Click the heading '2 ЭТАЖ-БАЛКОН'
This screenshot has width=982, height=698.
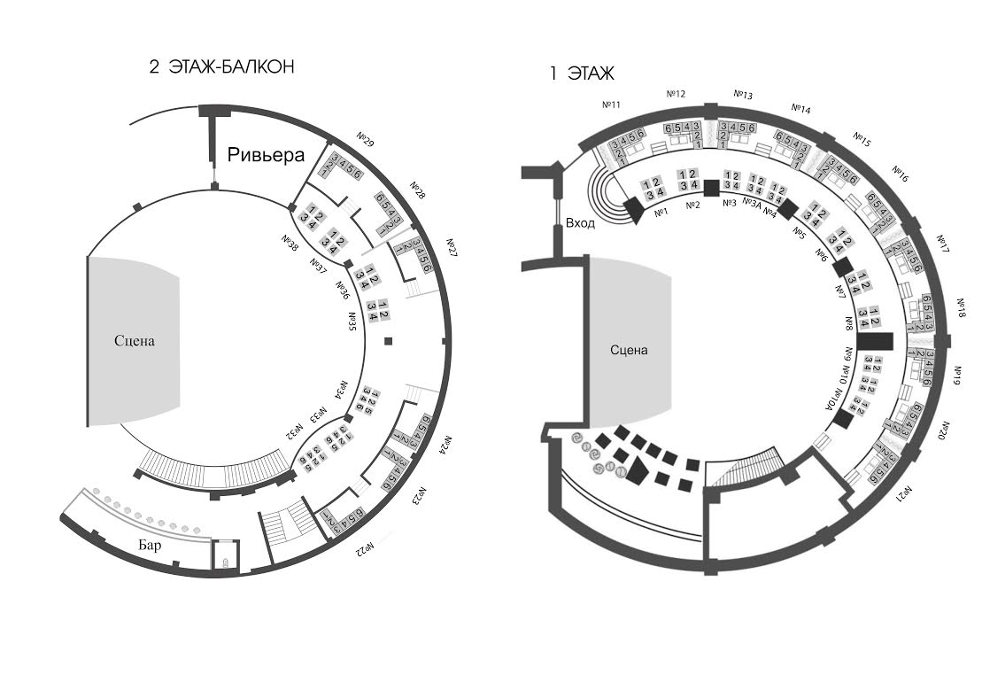point(221,67)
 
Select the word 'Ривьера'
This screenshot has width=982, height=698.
point(267,156)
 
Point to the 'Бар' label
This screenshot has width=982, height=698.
point(151,546)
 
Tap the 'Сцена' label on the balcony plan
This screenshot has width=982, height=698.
point(135,341)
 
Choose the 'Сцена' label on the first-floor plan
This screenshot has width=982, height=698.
point(629,350)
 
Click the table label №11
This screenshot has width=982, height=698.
point(612,105)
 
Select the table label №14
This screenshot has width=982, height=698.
point(800,109)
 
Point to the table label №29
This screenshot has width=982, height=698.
point(366,139)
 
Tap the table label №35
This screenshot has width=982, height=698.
point(352,320)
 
